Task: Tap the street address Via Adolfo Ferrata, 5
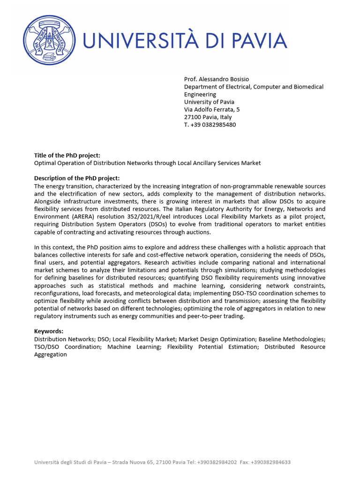[212, 110]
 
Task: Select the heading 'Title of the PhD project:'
[67, 155]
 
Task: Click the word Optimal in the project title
[45, 163]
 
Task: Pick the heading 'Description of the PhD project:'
[77, 178]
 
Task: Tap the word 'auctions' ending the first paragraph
[199, 232]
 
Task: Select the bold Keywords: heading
[48, 331]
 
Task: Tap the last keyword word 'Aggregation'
[51, 354]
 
